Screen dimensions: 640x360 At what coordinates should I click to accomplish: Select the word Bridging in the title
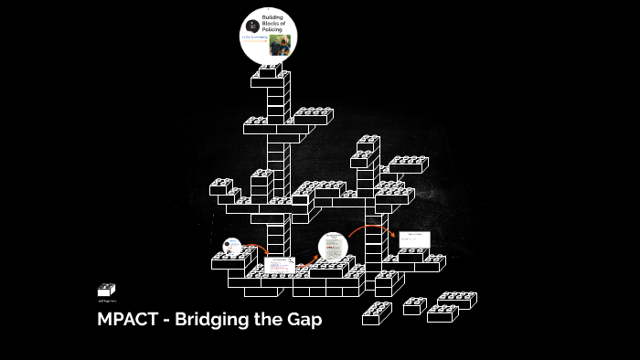[x=209, y=321]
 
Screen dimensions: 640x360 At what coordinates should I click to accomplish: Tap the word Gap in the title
[x=304, y=321]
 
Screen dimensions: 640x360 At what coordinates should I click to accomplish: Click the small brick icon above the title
[x=106, y=290]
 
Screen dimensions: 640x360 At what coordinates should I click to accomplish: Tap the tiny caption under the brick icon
[x=106, y=301]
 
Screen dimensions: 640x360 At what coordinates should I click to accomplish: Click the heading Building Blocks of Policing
[x=272, y=22]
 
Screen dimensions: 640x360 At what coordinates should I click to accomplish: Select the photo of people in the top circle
[x=275, y=46]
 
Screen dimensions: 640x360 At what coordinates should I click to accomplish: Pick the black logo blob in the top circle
[x=251, y=26]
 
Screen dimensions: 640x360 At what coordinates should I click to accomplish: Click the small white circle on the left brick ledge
[x=232, y=246]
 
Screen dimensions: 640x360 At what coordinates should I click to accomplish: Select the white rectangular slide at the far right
[x=413, y=240]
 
